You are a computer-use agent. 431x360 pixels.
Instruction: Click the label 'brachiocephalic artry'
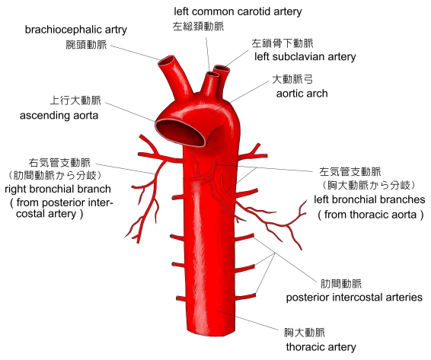(76, 30)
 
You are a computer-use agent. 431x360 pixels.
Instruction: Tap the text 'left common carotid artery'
(238, 11)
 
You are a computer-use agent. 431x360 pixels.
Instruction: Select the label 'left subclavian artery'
(305, 57)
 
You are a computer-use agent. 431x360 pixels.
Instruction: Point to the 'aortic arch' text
(302, 94)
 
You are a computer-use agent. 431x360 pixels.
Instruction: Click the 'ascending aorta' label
(59, 116)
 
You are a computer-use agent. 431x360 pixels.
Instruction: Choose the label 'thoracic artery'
(321, 347)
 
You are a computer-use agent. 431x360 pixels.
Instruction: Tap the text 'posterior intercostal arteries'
(354, 298)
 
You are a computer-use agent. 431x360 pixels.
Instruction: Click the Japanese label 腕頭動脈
(86, 44)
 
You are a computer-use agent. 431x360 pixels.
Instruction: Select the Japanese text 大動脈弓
(292, 79)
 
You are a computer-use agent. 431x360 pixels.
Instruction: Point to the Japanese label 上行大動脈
(75, 100)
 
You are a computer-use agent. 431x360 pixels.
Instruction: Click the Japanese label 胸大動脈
(305, 333)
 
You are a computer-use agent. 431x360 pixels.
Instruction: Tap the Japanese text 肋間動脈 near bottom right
(341, 284)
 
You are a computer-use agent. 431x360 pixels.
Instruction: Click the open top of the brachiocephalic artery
(166, 62)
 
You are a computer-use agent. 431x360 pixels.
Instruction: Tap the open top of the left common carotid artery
(212, 75)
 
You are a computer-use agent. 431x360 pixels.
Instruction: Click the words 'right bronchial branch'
(58, 189)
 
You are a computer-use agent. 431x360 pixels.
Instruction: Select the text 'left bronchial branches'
(369, 199)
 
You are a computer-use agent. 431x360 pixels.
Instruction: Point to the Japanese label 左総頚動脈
(198, 27)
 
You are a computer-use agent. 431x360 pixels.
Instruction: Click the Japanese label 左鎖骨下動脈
(283, 43)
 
